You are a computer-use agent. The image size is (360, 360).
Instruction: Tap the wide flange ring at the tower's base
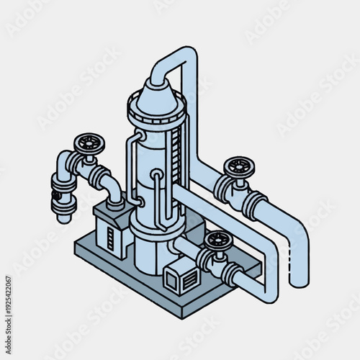[155, 226]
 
